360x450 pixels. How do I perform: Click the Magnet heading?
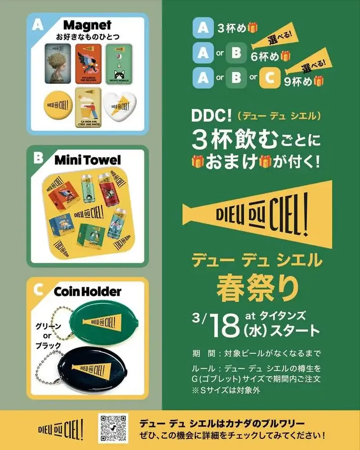pyautogui.click(x=87, y=25)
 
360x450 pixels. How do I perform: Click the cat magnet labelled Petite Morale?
pyautogui.click(x=119, y=65)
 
